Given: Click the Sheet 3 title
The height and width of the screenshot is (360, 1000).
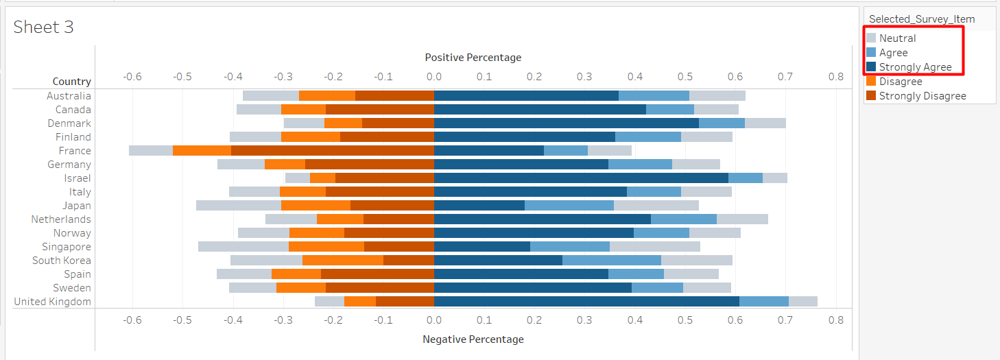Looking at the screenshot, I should click(x=43, y=27).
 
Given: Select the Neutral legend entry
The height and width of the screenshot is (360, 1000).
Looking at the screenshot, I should click(x=897, y=38).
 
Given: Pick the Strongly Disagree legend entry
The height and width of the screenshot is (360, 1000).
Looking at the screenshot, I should click(x=922, y=96).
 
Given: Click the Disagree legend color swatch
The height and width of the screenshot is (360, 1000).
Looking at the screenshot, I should click(x=871, y=82).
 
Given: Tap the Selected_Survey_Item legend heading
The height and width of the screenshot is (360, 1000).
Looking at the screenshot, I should click(x=921, y=19).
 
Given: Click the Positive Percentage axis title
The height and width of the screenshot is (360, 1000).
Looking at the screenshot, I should click(x=473, y=58).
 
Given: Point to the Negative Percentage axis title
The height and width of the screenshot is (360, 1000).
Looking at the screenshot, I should click(x=473, y=339).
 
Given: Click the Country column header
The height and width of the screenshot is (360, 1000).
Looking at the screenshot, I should click(x=71, y=82).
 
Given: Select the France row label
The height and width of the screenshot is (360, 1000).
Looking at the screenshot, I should click(x=75, y=151).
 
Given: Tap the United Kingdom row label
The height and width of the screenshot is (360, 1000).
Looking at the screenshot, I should click(x=52, y=302).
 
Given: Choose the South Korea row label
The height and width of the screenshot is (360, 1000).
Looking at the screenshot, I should click(x=61, y=261).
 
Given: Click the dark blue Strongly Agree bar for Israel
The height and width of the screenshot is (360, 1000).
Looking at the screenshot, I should click(x=581, y=178).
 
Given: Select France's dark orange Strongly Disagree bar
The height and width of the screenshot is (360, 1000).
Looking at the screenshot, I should click(x=333, y=151).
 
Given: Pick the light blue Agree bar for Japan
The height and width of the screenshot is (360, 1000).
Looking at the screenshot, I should click(x=569, y=206).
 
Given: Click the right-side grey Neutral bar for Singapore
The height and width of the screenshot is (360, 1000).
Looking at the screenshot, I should click(x=655, y=247).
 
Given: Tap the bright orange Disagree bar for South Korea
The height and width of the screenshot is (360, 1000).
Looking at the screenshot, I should click(x=343, y=261).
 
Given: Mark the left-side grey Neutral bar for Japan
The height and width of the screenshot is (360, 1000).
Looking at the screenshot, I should click(x=239, y=206).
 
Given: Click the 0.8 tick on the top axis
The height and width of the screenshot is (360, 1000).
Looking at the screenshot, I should click(x=835, y=77).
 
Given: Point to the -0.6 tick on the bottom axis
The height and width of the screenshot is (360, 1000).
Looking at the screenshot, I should click(x=132, y=320).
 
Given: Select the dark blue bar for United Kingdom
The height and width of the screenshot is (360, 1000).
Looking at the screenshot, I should click(x=586, y=302).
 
